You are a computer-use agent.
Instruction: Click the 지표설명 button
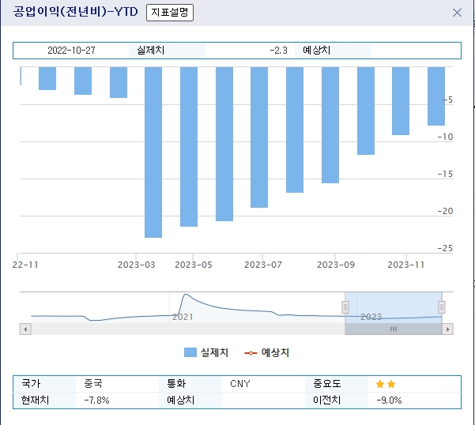pos(170,13)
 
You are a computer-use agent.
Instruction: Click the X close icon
pos(457,13)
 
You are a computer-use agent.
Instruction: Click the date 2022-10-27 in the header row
pos(71,50)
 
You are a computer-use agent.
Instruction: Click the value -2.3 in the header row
pos(277,50)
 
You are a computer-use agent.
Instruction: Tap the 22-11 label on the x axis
pos(27,265)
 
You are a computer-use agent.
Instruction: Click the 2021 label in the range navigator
pos(183,317)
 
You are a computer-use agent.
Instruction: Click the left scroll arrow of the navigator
pos(26,329)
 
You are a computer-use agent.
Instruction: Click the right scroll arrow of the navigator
pos(448,329)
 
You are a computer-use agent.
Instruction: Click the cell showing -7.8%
pos(96,400)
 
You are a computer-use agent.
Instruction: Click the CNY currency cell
pos(240,384)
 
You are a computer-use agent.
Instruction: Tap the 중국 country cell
pos(93,384)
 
